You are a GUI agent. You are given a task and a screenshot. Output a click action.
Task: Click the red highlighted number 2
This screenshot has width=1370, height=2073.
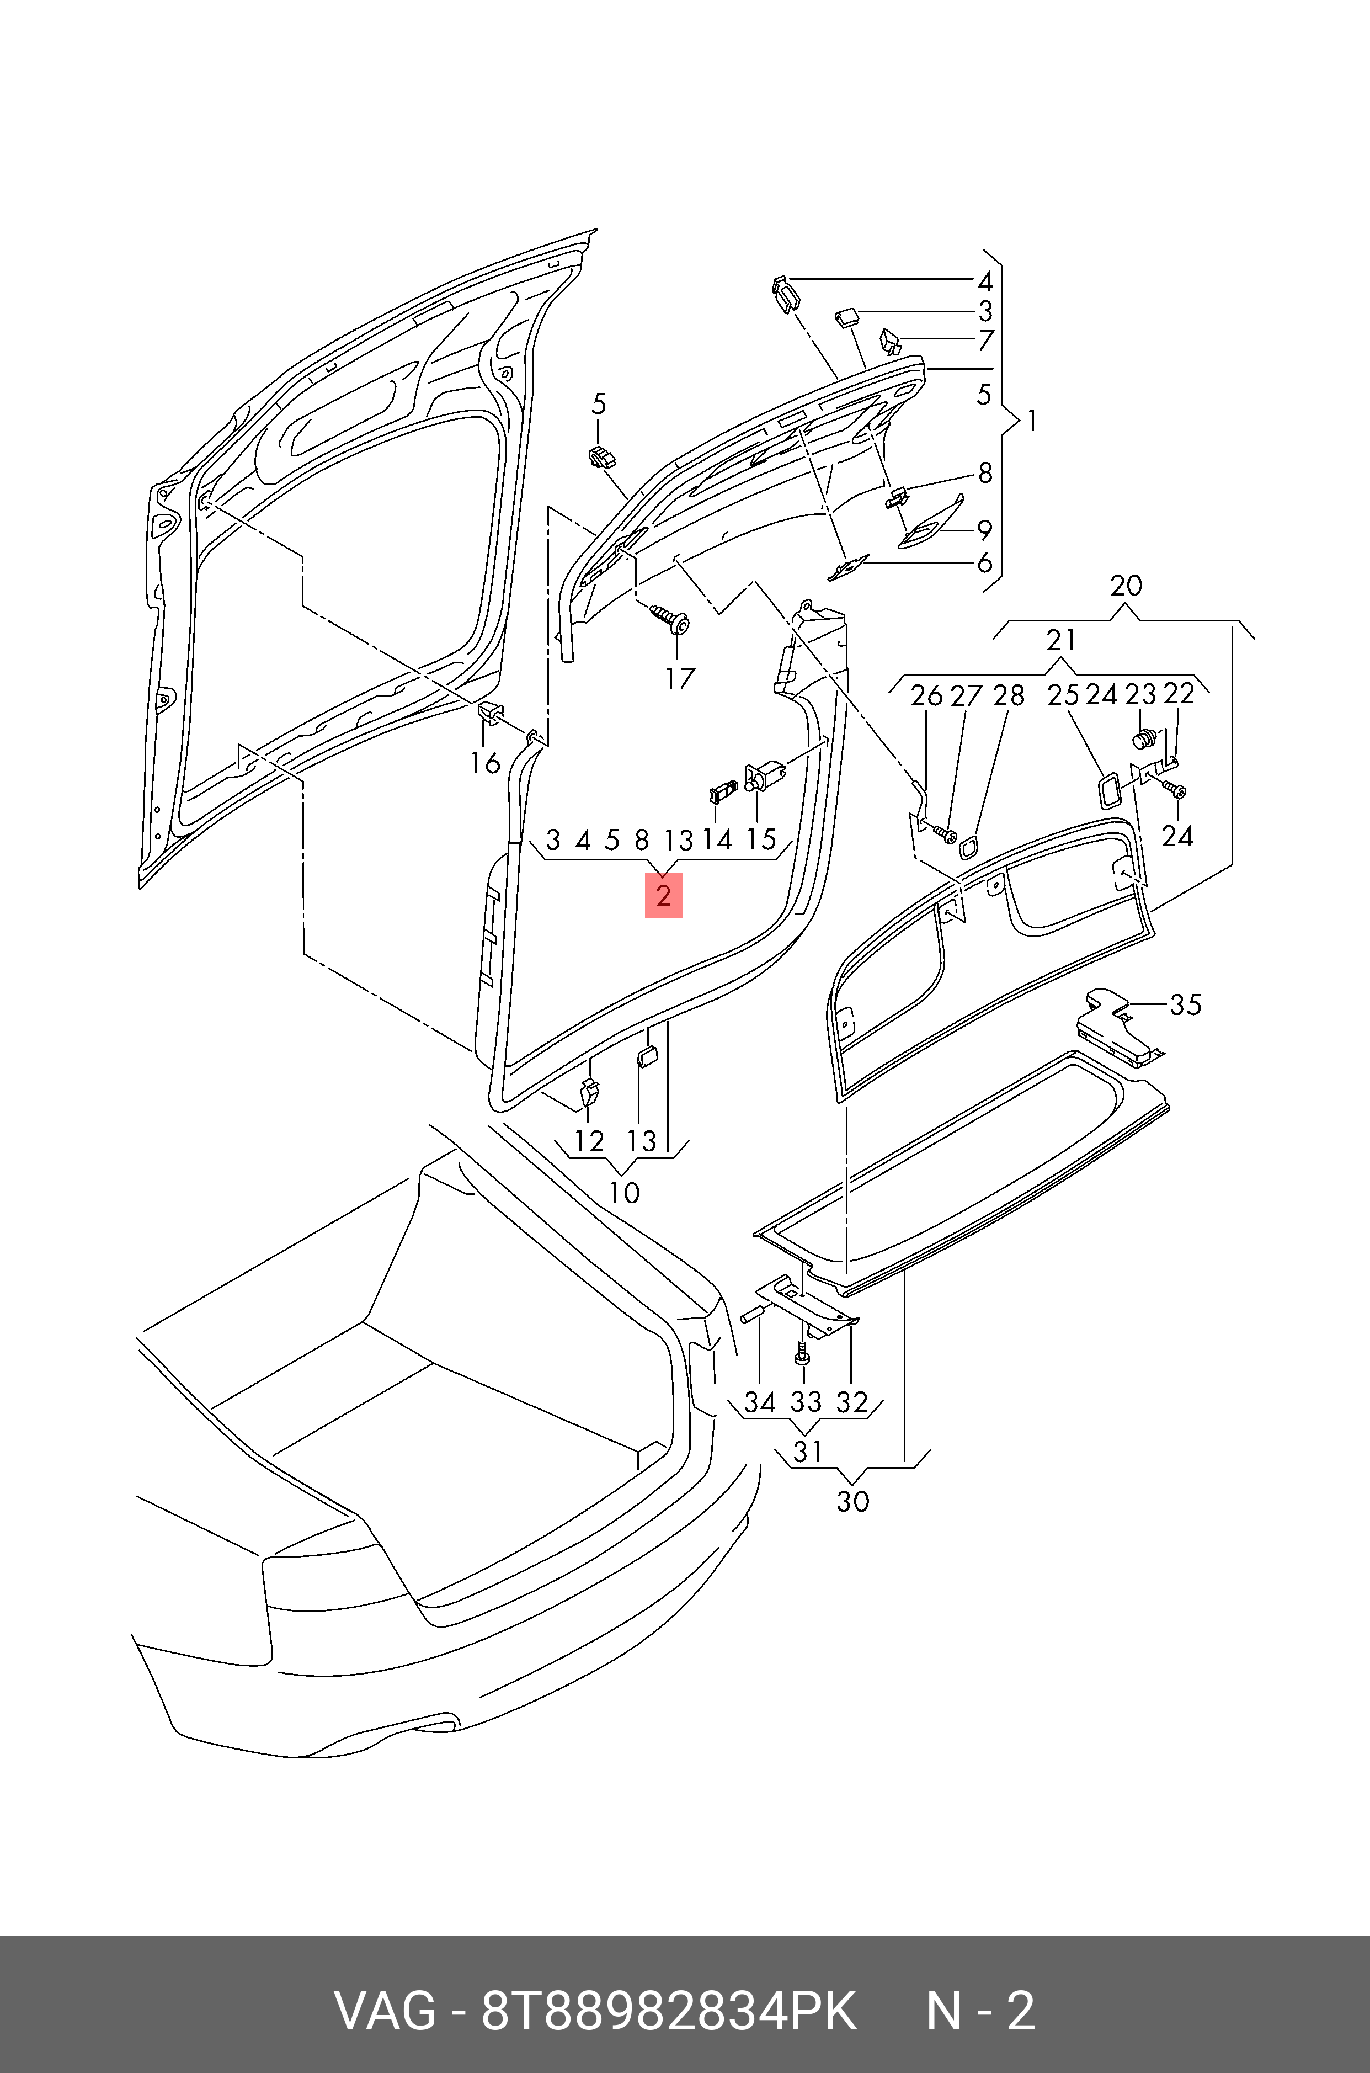point(663,896)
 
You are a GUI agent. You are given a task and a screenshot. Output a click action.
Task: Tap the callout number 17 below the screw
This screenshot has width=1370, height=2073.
point(680,678)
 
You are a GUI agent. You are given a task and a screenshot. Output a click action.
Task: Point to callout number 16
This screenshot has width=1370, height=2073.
point(485,763)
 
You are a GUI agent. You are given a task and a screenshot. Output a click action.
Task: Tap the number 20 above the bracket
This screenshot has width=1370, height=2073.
point(1126,586)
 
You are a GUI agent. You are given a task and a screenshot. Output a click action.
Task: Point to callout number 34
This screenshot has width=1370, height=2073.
point(759,1402)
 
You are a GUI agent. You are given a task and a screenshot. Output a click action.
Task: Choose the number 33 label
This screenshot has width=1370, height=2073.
point(806,1402)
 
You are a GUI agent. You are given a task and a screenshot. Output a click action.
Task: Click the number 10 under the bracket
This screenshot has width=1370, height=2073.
point(624,1193)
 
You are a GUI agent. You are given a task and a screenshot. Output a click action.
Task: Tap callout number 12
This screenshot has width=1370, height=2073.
point(589,1141)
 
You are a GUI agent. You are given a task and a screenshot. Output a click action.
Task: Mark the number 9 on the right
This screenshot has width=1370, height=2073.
point(985,530)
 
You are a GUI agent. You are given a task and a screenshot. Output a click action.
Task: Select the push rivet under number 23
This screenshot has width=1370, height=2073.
point(1144,740)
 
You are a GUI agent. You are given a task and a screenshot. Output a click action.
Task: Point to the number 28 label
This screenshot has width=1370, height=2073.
point(1008,695)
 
